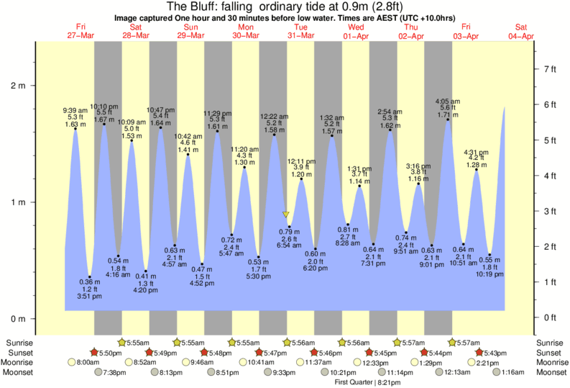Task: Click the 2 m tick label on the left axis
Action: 17,86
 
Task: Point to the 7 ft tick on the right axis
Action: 550,69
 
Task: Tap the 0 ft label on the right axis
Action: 550,317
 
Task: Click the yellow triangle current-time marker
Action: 286,215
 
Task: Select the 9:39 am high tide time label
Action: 75,110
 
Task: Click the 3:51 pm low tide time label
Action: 89,297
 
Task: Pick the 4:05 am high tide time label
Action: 449,101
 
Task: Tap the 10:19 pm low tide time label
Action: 491,275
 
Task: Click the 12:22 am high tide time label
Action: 275,116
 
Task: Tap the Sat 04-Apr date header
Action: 521,32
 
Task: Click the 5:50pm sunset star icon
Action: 93,353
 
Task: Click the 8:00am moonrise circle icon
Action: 73,363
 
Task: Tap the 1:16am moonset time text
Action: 512,372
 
